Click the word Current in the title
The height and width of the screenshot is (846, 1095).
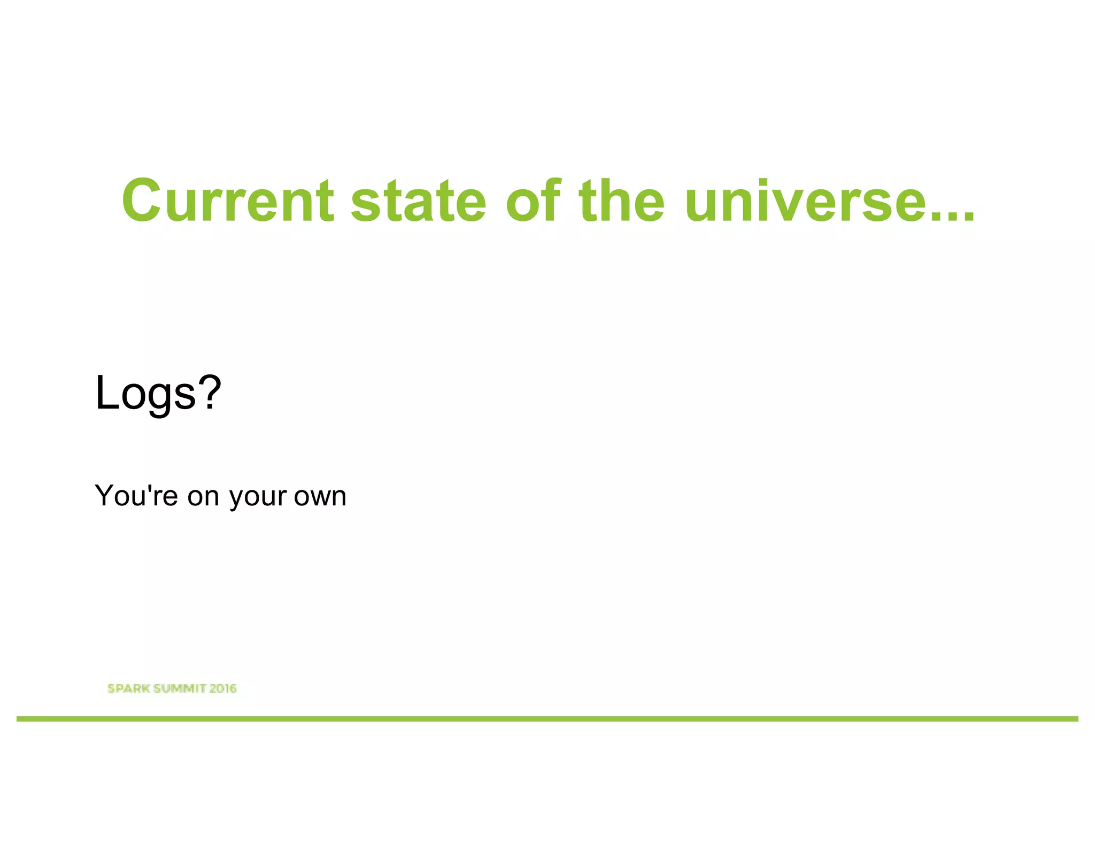(x=228, y=201)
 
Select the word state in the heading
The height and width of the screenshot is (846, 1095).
(x=418, y=201)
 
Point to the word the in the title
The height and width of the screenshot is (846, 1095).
(x=622, y=201)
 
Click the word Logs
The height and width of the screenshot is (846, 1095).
(x=145, y=394)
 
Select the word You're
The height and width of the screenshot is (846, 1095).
(x=136, y=495)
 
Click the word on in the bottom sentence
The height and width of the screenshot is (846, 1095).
(x=203, y=496)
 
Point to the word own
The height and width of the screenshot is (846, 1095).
(x=320, y=496)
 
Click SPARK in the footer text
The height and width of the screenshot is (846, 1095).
(x=128, y=689)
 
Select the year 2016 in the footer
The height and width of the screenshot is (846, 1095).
(x=222, y=689)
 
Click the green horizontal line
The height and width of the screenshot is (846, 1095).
(x=547, y=719)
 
